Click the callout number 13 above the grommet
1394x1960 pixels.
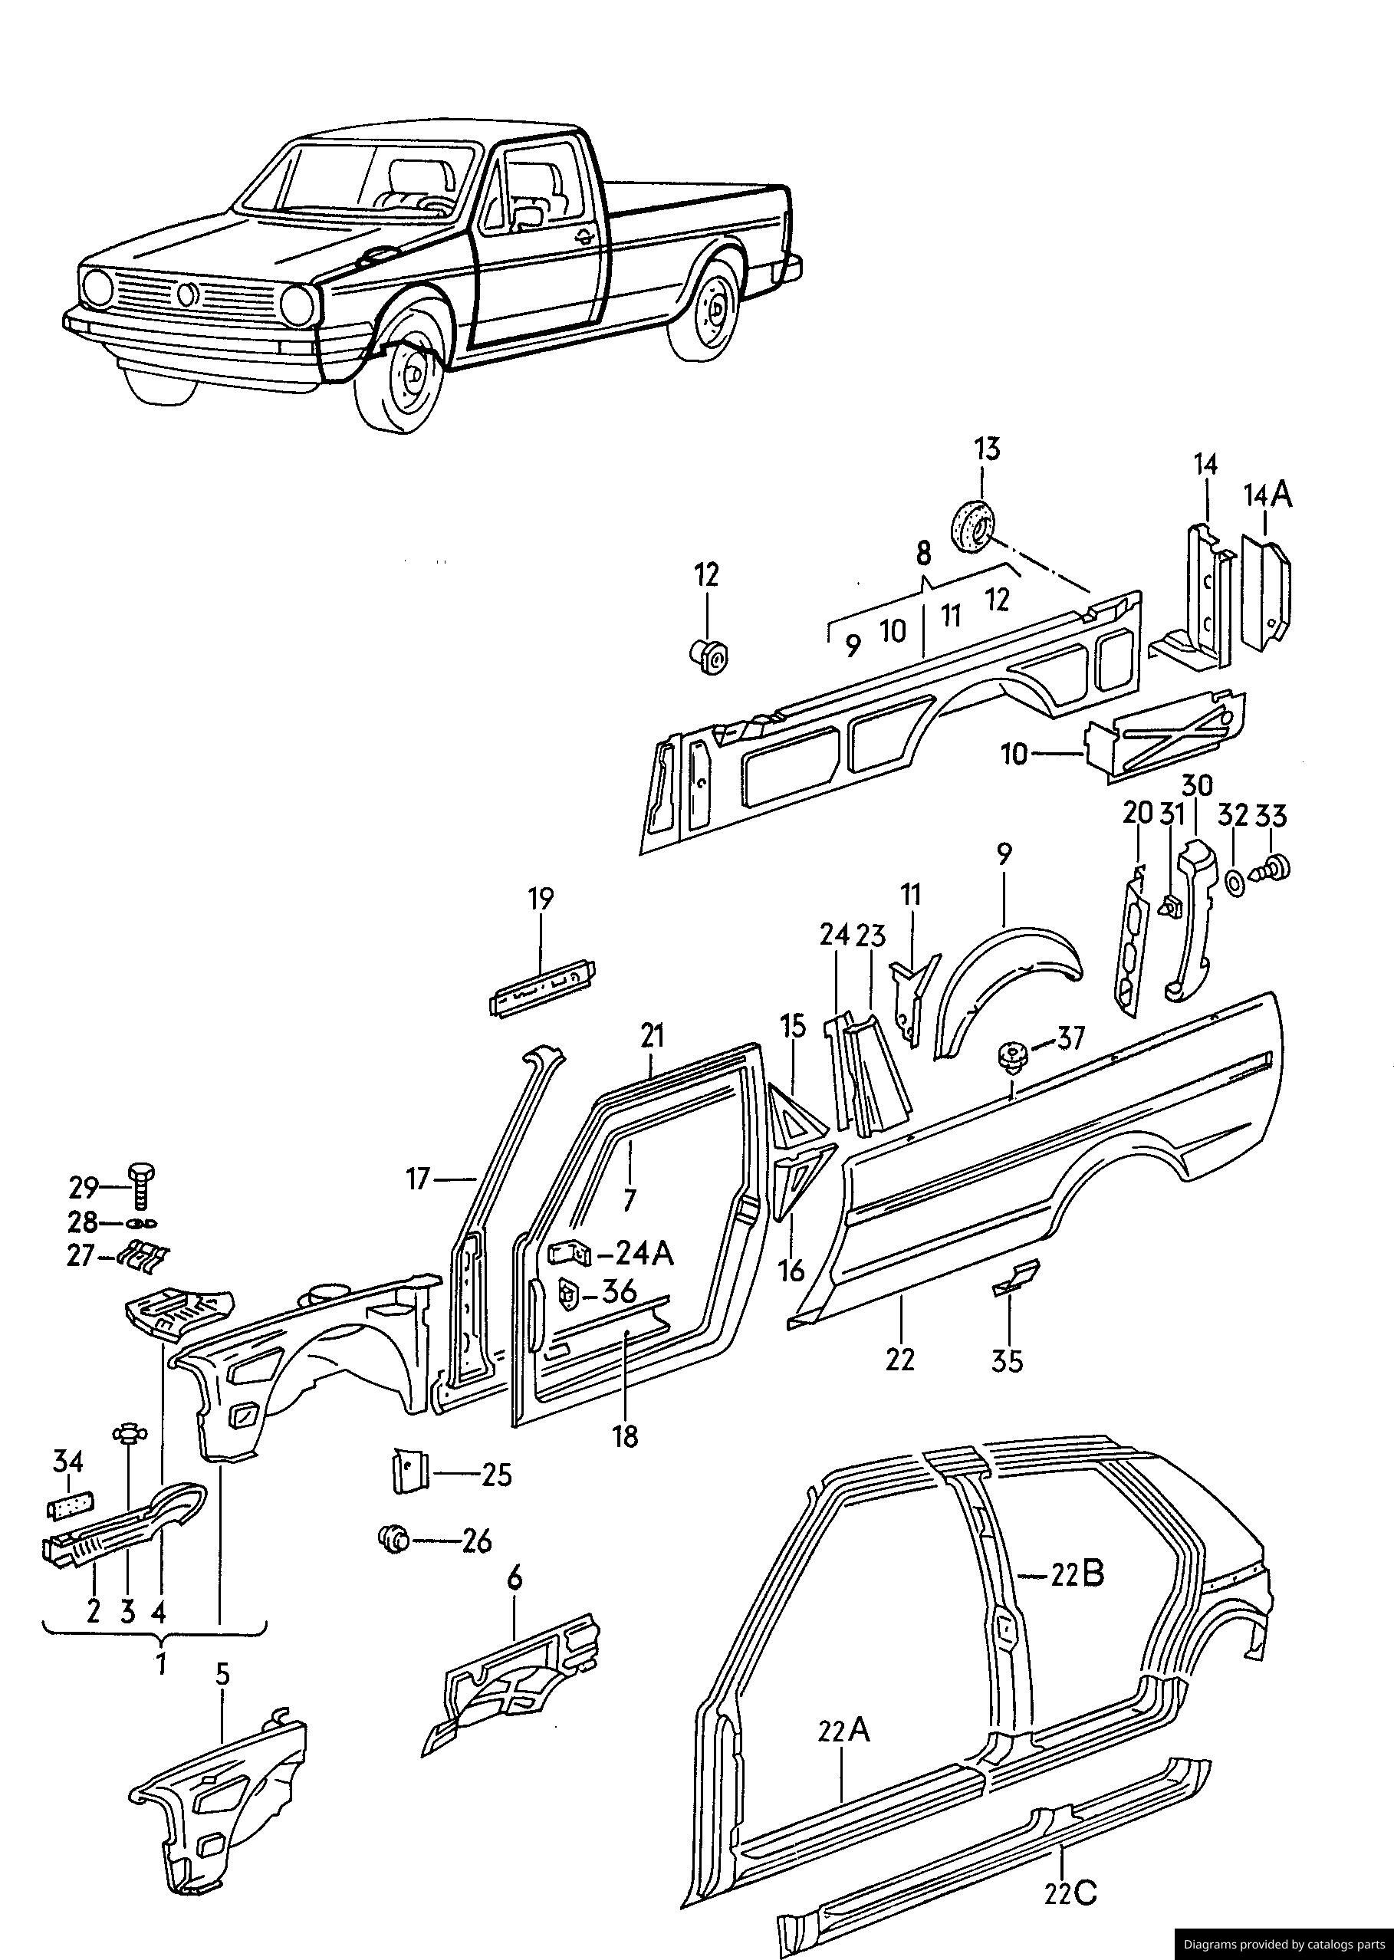tap(987, 449)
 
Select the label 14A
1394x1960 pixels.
tap(1267, 495)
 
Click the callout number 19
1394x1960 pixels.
tap(541, 898)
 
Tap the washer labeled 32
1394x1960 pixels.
tap(1233, 882)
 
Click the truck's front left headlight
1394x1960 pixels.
tap(301, 302)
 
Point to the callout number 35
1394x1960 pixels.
tap(1008, 1362)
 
